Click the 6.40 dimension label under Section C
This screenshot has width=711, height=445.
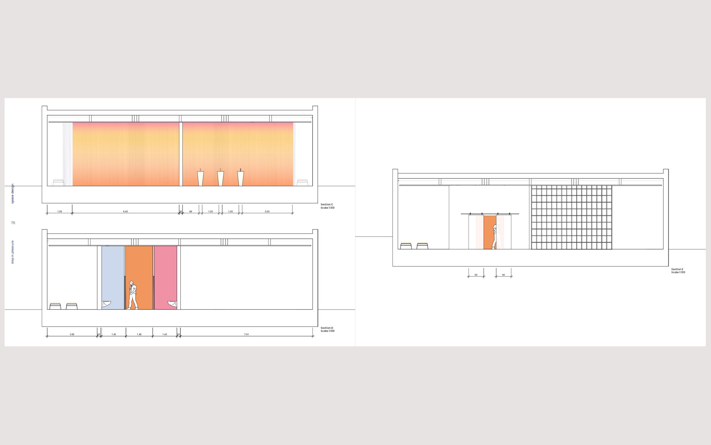point(125,212)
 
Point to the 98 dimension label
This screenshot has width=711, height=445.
point(191,212)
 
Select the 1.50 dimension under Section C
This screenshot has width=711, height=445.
point(60,212)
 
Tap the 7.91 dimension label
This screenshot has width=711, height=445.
point(246,334)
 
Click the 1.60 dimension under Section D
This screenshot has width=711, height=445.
point(139,334)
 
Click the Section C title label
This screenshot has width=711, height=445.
point(327,204)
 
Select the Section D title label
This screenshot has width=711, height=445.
point(327,328)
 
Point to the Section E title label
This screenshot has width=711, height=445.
point(677,269)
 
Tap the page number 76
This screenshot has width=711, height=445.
point(13,223)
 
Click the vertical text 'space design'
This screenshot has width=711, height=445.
point(12,194)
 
